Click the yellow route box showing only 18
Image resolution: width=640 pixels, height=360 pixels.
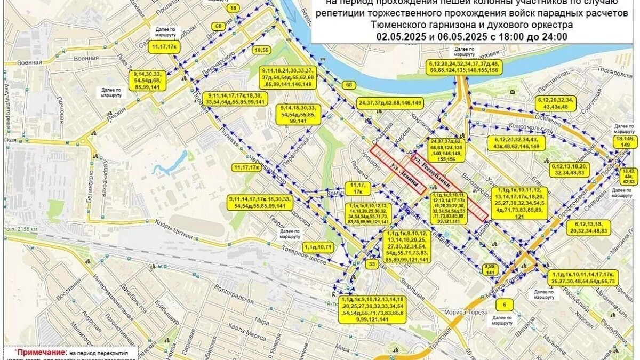coord(233,9)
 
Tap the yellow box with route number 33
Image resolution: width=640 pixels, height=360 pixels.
coord(372,263)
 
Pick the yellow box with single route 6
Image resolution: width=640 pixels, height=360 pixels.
coord(504,305)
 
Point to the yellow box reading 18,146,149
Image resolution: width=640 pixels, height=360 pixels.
coord(626,141)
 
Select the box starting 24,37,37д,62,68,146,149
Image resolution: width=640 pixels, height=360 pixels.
coord(390,102)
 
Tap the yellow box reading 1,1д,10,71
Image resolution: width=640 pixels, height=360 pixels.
coord(318,247)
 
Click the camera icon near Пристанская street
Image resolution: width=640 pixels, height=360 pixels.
coord(512,92)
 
